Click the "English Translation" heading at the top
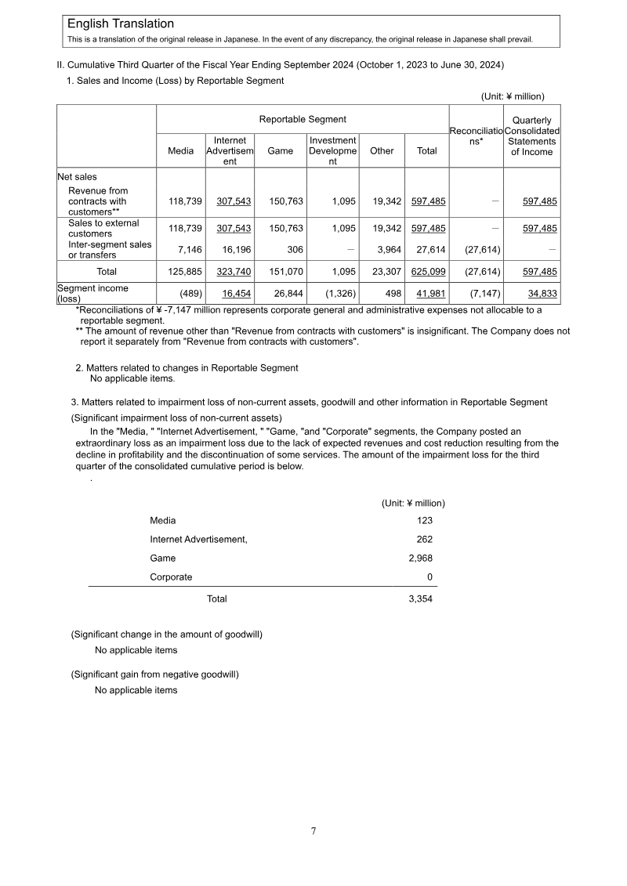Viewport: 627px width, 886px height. pyautogui.click(x=121, y=24)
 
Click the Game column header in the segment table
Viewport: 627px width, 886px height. pyautogui.click(x=281, y=151)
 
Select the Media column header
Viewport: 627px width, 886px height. pyautogui.click(x=181, y=151)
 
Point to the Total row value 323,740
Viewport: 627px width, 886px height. pyautogui.click(x=234, y=272)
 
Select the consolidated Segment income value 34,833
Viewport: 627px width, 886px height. pyautogui.click(x=542, y=294)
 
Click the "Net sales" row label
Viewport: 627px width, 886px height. pyautogui.click(x=77, y=177)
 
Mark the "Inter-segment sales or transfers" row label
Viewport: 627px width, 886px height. pyautogui.click(x=110, y=249)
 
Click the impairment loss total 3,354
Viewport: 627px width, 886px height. pyautogui.click(x=420, y=599)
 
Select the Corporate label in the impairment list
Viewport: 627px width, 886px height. pyautogui.click(x=171, y=577)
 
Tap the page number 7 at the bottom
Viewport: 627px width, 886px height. pyautogui.click(x=313, y=831)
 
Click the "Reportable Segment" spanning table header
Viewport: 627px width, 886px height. pyautogui.click(x=303, y=119)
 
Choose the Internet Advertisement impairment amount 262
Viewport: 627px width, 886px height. pyautogui.click(x=424, y=539)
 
